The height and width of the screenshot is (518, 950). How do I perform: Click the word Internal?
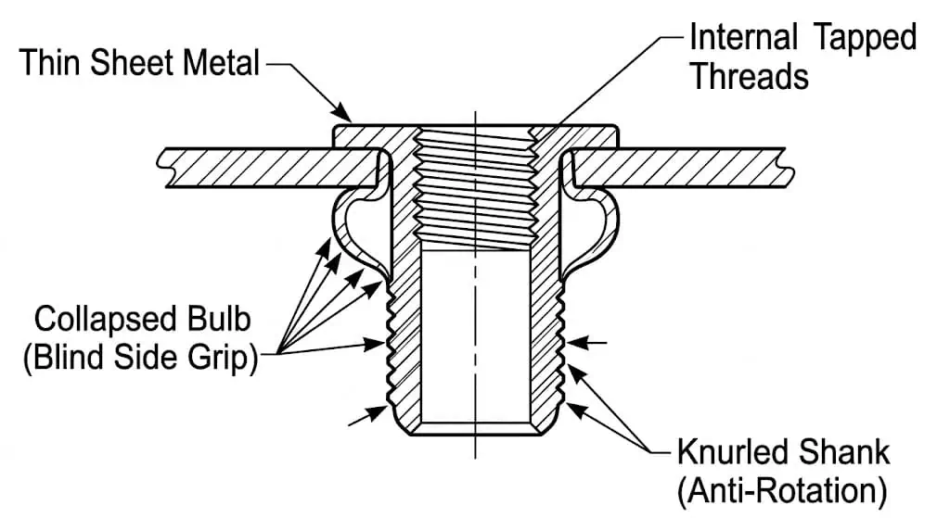click(743, 37)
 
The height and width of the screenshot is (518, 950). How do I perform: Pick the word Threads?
click(750, 76)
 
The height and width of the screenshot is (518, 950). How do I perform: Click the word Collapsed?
click(106, 320)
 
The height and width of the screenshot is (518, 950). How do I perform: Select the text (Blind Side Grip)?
click(141, 358)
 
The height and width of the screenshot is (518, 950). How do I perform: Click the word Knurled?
click(732, 451)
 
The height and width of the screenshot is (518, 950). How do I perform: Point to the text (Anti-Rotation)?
click(782, 491)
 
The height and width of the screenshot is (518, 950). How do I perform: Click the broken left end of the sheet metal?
click(163, 168)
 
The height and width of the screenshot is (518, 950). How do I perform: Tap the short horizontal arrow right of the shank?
click(586, 343)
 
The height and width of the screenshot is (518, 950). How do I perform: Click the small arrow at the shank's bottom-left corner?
click(367, 416)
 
